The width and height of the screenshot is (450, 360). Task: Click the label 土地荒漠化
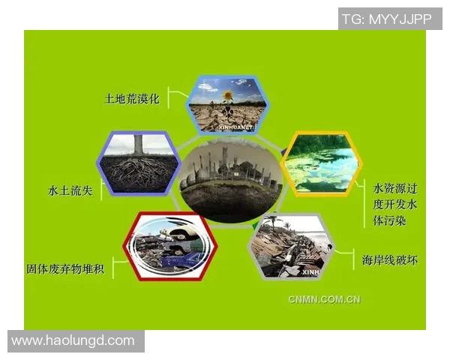coord(132,98)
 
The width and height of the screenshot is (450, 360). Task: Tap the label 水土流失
coord(69,190)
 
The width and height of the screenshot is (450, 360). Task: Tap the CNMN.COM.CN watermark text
coord(324,299)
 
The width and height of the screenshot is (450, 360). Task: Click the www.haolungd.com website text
coord(73,340)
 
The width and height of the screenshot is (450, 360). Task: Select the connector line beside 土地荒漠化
coord(177,97)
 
